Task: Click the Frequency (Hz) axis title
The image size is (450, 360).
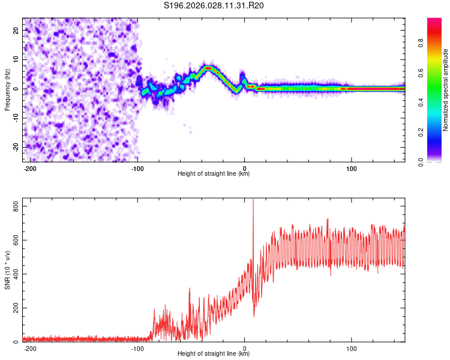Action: (x=7, y=89)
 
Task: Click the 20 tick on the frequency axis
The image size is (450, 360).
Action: (x=16, y=30)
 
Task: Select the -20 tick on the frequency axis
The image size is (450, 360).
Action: (x=14, y=147)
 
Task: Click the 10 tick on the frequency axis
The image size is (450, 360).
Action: (x=16, y=59)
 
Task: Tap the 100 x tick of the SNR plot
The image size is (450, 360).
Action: (x=351, y=347)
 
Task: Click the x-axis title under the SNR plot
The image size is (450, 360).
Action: (x=214, y=354)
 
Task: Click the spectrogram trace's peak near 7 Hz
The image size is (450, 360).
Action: (x=208, y=68)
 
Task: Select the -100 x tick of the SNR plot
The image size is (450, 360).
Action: (x=137, y=347)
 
